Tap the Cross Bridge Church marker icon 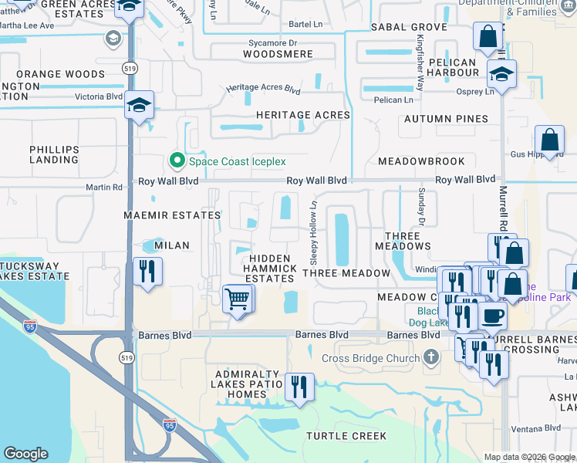(431, 357)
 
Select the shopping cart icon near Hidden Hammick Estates (238, 298)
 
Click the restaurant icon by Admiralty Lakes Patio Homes (299, 387)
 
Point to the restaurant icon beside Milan (147, 271)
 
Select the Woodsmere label (278, 54)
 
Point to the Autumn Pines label (447, 119)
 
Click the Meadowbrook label (421, 161)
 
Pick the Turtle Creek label (346, 436)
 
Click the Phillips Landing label (54, 154)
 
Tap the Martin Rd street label (104, 187)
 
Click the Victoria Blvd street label (99, 96)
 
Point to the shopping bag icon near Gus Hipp (550, 141)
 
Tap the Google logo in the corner (25, 454)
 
